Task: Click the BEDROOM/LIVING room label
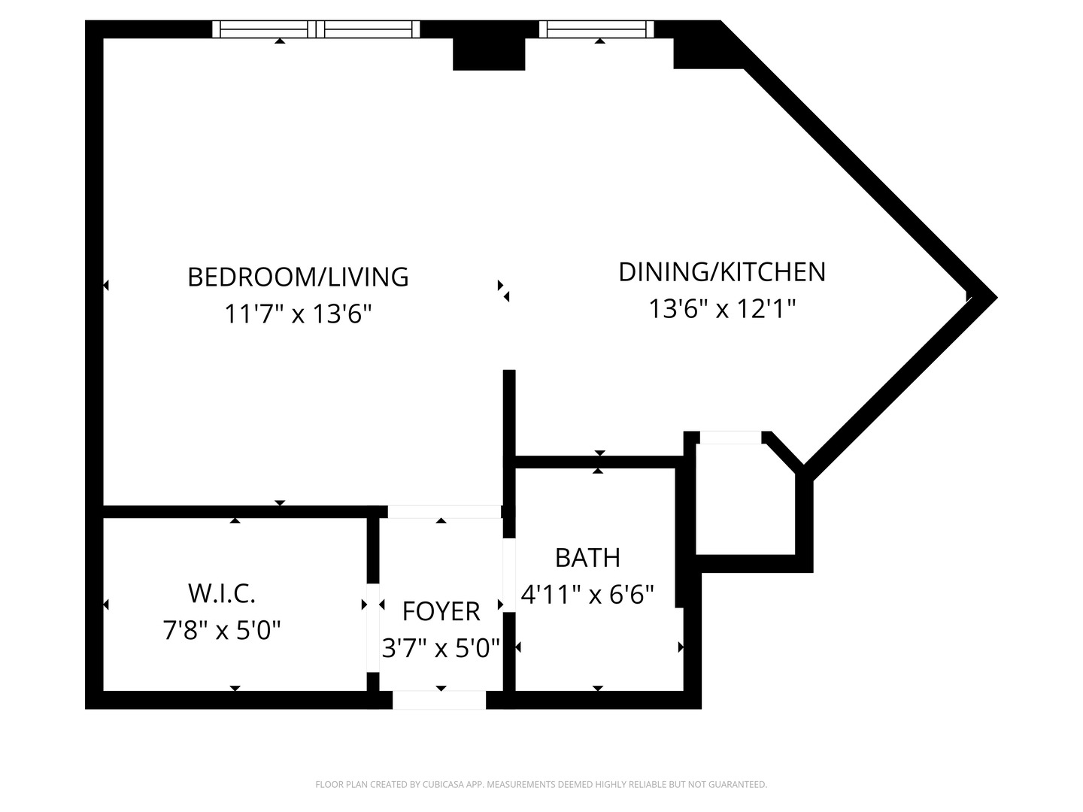pos(298,277)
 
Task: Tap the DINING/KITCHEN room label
pos(721,271)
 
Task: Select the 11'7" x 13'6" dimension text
pos(298,313)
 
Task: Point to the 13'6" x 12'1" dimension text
pos(721,308)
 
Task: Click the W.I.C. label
pos(222,593)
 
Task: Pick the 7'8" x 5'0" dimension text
pos(222,629)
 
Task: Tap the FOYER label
pos(441,611)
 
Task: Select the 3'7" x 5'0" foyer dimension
pos(441,647)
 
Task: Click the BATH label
pos(587,558)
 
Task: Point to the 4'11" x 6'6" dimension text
pos(587,595)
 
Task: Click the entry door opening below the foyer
pos(439,700)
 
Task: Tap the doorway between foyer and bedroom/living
pos(444,512)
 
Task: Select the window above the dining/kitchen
pos(596,29)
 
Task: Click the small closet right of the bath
pos(745,500)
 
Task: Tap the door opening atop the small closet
pos(730,437)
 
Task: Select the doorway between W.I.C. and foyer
pos(372,604)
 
